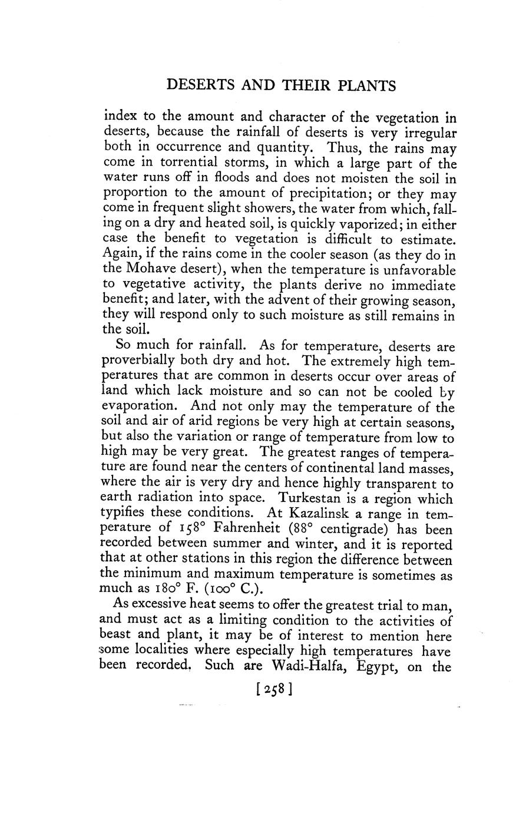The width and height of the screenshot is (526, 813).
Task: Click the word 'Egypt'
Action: point(383,667)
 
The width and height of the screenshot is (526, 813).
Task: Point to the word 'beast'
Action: point(116,636)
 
